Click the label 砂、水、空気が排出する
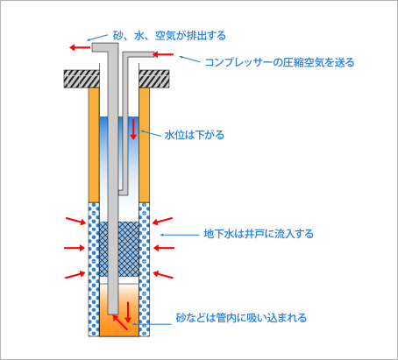pyautogui.click(x=169, y=36)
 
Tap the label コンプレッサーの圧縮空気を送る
pyautogui.click(x=280, y=62)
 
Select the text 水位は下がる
pyautogui.click(x=195, y=135)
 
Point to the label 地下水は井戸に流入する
pyautogui.click(x=259, y=234)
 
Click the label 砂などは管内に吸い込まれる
pyautogui.click(x=241, y=318)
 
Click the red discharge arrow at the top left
pyautogui.click(x=80, y=47)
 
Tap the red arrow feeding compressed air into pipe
pyautogui.click(x=163, y=54)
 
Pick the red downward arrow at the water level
pyautogui.click(x=133, y=129)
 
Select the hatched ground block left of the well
pyautogui.click(x=82, y=79)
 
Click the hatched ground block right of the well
pyautogui.click(x=154, y=79)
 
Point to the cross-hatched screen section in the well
pyautogui.click(x=119, y=249)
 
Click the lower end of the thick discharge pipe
pyautogui.click(x=113, y=313)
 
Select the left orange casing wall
pyautogui.click(x=94, y=145)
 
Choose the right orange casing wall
pyautogui.click(x=144, y=145)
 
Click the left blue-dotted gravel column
pyautogui.click(x=94, y=270)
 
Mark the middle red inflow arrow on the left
pyautogui.click(x=75, y=248)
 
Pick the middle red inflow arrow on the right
pyautogui.click(x=164, y=248)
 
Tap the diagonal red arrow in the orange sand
pyautogui.click(x=120, y=322)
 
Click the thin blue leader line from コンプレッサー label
pyautogui.click(x=190, y=59)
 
